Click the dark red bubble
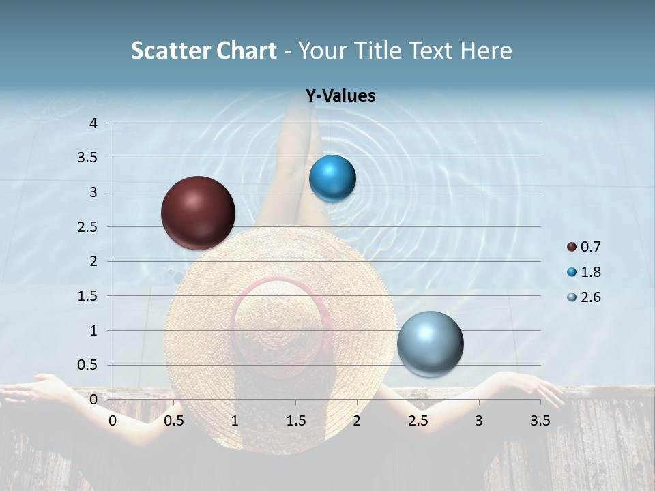pyautogui.click(x=198, y=213)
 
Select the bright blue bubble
pyautogui.click(x=332, y=179)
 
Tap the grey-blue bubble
pyautogui.click(x=430, y=344)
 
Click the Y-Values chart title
pyautogui.click(x=340, y=96)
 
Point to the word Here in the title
pyautogui.click(x=486, y=50)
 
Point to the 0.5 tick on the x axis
pyautogui.click(x=174, y=421)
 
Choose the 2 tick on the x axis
pyautogui.click(x=357, y=421)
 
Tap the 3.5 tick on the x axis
pyautogui.click(x=540, y=421)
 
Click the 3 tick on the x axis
pyautogui.click(x=479, y=421)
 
